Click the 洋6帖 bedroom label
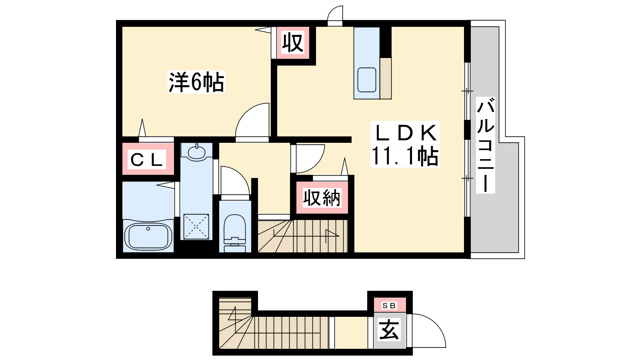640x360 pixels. click(x=196, y=82)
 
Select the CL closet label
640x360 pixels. click(x=146, y=160)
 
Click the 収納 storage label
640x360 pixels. click(x=322, y=198)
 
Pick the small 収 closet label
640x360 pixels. click(x=292, y=43)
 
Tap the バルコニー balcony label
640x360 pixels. click(x=486, y=145)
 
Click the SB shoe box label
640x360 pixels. click(x=389, y=306)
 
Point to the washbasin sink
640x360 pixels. click(x=196, y=152)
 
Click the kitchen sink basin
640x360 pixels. click(x=366, y=80)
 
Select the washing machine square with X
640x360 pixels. click(x=196, y=226)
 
